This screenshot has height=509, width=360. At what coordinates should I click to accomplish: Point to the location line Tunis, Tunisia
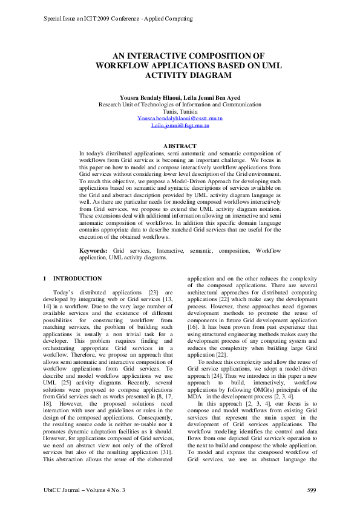point(180,111)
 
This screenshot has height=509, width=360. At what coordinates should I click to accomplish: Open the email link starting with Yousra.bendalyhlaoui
point(180,118)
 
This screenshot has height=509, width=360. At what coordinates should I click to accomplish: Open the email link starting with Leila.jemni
point(180,126)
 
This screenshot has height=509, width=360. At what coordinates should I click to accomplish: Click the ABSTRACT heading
point(180,146)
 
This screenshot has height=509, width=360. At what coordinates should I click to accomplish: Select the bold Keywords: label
point(94,250)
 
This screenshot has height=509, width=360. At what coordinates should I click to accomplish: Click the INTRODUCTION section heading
point(77,279)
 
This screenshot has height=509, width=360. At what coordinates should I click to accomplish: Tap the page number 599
point(312,489)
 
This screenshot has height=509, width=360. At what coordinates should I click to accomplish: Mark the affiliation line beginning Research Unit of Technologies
point(180,104)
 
